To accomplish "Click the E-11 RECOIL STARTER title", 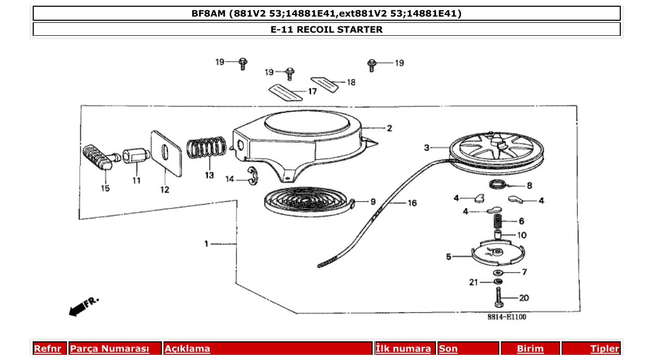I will pos(326,30).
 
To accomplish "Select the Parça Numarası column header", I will pos(110,349).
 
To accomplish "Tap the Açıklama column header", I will pos(187,349).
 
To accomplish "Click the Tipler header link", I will pos(604,349).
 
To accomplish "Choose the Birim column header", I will pos(530,349).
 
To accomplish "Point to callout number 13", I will pos(209,175).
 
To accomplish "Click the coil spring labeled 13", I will pos(207,148).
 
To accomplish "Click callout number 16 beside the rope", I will pos(412,203).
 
